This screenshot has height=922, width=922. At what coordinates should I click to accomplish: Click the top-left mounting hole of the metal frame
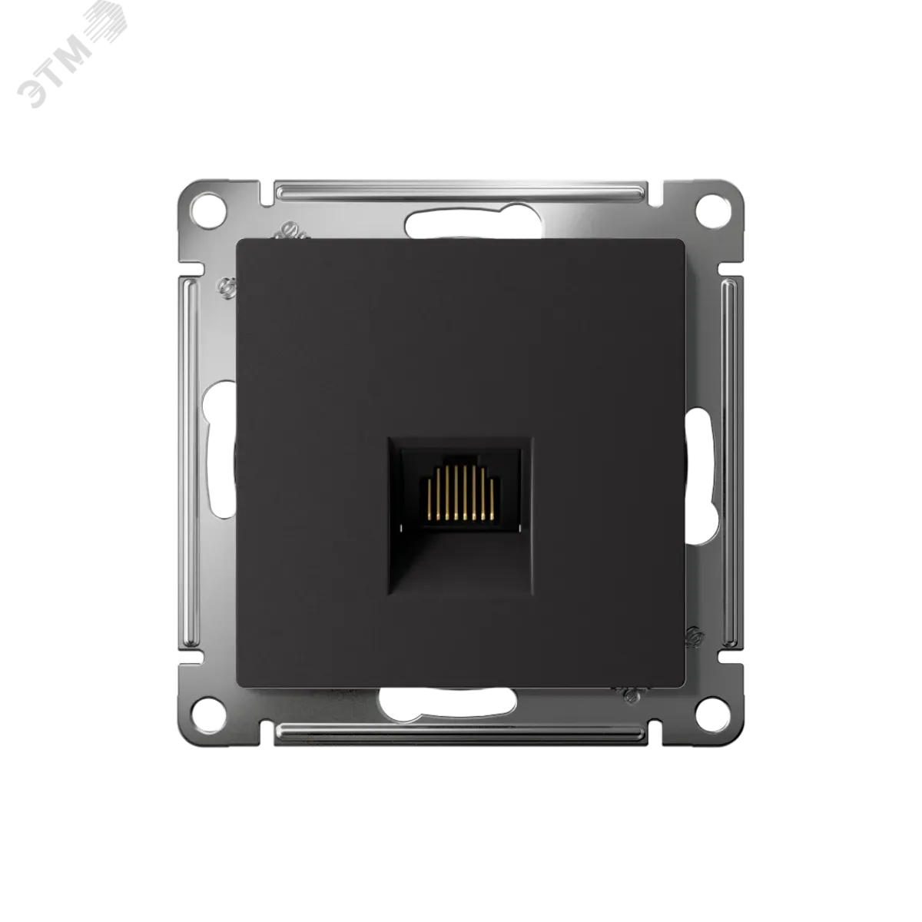tap(208, 211)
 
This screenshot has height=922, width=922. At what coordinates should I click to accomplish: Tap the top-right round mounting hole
tap(712, 211)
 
